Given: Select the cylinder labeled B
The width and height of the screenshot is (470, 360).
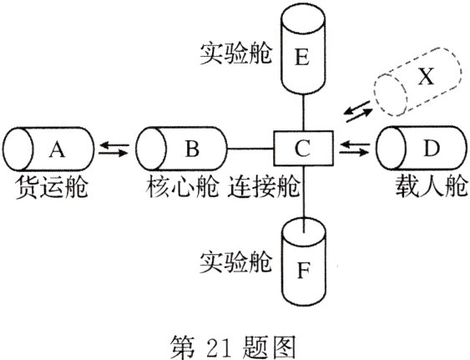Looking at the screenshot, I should click(x=184, y=150).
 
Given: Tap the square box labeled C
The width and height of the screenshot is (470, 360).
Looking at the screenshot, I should click(x=304, y=150).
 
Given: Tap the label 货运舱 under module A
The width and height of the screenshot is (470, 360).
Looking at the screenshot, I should click(x=53, y=190).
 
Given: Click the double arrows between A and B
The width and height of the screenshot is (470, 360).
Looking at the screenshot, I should click(x=114, y=150).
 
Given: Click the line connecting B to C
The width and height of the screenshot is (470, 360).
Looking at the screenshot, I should click(x=250, y=150).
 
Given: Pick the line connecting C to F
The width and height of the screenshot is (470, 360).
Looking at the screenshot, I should click(x=304, y=192).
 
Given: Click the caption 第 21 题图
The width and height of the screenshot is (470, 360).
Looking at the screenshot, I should click(x=231, y=342).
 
